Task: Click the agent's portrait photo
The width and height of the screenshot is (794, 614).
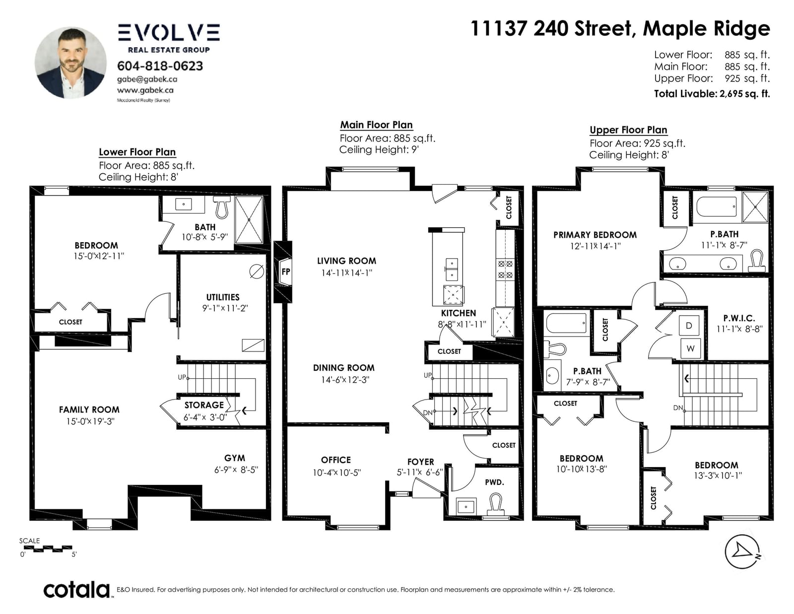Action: [x=70, y=63]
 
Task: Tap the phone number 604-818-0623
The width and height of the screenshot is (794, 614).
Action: [x=160, y=66]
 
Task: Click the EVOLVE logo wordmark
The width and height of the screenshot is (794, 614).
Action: [x=169, y=32]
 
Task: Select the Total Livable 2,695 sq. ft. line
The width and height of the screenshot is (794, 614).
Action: [x=712, y=93]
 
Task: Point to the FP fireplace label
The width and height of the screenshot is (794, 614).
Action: [x=286, y=272]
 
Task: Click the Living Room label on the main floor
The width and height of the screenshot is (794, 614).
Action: [x=346, y=261]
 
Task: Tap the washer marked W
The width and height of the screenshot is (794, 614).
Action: [x=690, y=348]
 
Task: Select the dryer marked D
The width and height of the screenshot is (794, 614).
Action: [x=689, y=326]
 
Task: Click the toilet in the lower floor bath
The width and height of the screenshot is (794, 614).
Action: [x=222, y=207]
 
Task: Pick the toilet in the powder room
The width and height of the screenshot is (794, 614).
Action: [x=496, y=504]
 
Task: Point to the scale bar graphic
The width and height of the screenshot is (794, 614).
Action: [x=48, y=548]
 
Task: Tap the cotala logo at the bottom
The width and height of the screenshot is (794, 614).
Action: [x=77, y=590]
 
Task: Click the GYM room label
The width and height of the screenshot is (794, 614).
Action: [x=235, y=458]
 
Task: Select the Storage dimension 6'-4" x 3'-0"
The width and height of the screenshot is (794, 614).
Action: [x=205, y=417]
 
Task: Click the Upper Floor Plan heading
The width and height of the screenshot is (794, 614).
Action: [x=628, y=130]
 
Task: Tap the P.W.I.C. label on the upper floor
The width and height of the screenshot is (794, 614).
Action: [x=739, y=318]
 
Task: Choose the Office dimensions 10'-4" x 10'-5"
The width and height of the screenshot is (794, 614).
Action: [x=336, y=473]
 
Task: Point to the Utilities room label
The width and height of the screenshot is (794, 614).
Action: [x=223, y=297]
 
